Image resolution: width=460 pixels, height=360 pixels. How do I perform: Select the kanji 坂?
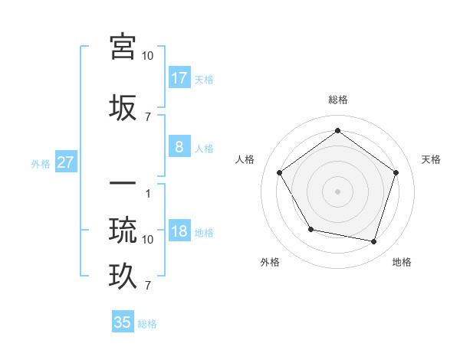123,108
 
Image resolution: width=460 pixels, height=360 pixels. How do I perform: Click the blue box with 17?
179,78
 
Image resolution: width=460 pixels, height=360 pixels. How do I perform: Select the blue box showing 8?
179,147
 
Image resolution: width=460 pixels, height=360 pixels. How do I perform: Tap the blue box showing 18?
179,232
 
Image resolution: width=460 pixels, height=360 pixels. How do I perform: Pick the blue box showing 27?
65,162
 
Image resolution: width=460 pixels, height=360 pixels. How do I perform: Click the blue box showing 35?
123,322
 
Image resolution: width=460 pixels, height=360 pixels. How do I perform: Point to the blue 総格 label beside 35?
147,324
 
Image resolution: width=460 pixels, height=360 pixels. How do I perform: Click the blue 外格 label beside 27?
41,163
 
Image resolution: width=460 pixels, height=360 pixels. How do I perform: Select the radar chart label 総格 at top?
337,100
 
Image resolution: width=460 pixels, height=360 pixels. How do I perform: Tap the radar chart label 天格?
432,159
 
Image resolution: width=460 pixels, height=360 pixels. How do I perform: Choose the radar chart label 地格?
402,263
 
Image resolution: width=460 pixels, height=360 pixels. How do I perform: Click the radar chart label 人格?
245,159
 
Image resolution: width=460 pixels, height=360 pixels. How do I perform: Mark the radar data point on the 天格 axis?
396,172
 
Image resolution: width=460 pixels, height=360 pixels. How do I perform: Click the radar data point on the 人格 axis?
279,172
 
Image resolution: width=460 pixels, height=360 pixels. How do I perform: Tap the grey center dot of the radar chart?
337,191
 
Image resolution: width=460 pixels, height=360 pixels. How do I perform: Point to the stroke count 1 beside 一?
148,194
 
